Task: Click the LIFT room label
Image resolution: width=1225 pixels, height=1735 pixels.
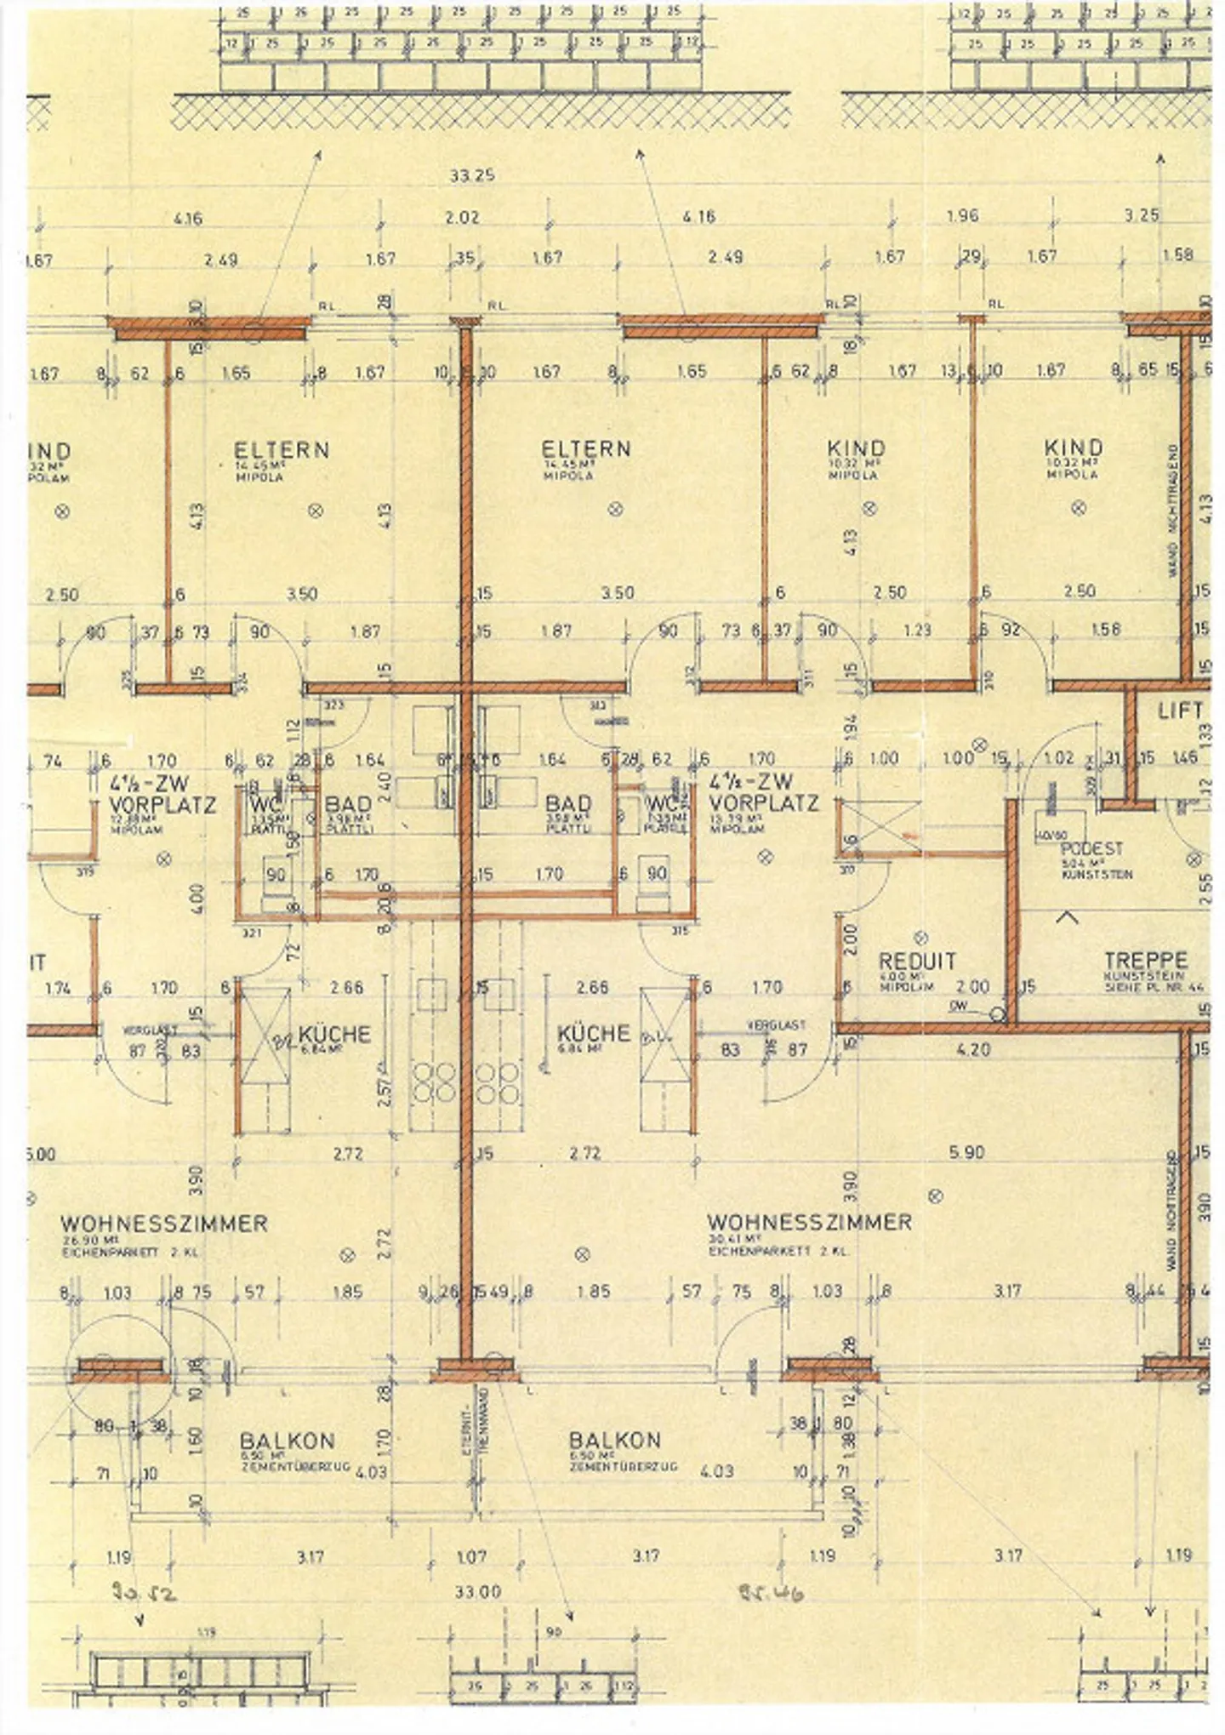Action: (x=1181, y=710)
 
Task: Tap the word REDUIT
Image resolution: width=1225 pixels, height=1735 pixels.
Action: (x=917, y=962)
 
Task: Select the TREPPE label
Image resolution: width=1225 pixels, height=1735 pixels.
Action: (x=1145, y=959)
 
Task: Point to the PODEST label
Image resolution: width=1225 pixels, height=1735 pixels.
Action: (x=1092, y=848)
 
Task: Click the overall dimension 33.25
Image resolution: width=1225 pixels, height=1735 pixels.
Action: (x=472, y=176)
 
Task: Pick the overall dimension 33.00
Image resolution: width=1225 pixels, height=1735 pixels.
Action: (x=477, y=1591)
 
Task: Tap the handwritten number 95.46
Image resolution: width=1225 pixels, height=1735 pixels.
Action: (x=772, y=1592)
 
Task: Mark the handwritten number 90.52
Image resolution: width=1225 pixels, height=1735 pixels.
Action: (x=144, y=1592)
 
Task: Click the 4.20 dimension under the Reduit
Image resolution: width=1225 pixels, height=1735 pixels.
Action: (x=972, y=1049)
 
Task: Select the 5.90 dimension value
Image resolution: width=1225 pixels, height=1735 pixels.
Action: (x=966, y=1152)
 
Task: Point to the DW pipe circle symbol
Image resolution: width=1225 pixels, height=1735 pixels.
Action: (x=998, y=1014)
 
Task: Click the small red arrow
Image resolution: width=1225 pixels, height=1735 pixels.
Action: (x=910, y=836)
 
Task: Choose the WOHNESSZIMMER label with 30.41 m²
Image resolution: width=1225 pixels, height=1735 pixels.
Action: (x=809, y=1223)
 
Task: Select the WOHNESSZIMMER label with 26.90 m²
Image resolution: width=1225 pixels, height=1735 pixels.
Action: (x=163, y=1224)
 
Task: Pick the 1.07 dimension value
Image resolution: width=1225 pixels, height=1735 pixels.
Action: (x=471, y=1556)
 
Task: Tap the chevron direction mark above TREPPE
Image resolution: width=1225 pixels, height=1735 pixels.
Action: (x=1067, y=917)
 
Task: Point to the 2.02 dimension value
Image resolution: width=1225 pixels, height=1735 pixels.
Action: (x=462, y=218)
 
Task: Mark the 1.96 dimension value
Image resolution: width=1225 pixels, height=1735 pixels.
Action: (x=962, y=216)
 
